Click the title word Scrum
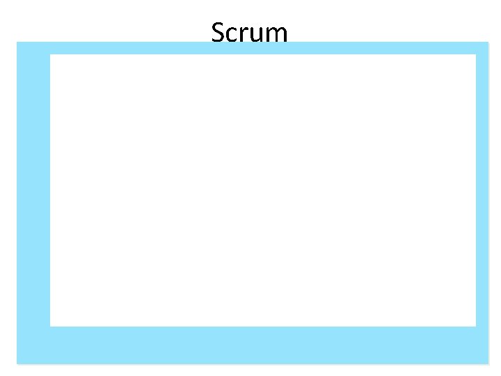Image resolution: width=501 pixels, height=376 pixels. coord(249,32)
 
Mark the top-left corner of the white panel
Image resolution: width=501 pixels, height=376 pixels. coord(50,54)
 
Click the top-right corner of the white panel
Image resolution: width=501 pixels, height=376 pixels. coord(476,54)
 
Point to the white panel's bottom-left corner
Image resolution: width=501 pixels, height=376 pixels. coord(50,326)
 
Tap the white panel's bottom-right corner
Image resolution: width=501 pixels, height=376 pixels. coord(476,326)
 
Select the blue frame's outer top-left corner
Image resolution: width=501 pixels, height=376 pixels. coord(17,42)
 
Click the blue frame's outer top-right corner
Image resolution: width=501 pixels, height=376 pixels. coord(489,42)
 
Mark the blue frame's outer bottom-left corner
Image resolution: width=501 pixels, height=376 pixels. coord(17,363)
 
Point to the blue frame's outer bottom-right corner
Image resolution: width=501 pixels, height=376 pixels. coord(489,363)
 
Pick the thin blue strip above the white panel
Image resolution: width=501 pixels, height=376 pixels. coord(348,48)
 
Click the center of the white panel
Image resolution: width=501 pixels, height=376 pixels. coord(263,190)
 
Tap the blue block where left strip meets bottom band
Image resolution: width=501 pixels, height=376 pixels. coord(33,345)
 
